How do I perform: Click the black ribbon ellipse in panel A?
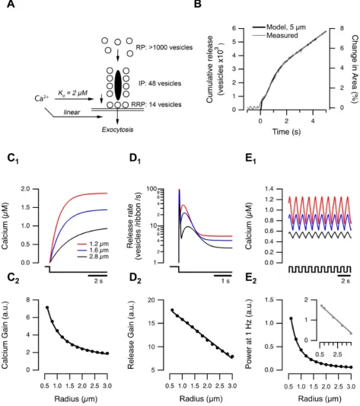tap(118, 85)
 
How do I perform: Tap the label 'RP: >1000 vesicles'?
tap(164, 47)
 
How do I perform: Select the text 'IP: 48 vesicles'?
tap(160, 83)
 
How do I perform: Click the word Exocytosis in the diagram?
tap(117, 129)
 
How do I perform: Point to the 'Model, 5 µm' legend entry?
tap(279, 27)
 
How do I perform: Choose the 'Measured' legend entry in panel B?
tap(276, 35)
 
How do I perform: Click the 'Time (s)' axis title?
tap(286, 132)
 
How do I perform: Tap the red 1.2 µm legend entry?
tap(93, 244)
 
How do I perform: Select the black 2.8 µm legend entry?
tap(93, 257)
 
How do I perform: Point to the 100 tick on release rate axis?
tap(151, 189)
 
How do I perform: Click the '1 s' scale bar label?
tap(225, 281)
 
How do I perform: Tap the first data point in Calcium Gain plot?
tap(47, 308)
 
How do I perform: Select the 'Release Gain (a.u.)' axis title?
tap(131, 335)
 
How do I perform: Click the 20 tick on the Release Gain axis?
tap(151, 300)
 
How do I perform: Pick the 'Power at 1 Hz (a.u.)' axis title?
tap(248, 335)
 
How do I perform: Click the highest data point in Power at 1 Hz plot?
tap(291, 318)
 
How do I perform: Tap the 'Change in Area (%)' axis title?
tap(354, 69)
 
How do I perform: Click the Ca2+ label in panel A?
tap(41, 98)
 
